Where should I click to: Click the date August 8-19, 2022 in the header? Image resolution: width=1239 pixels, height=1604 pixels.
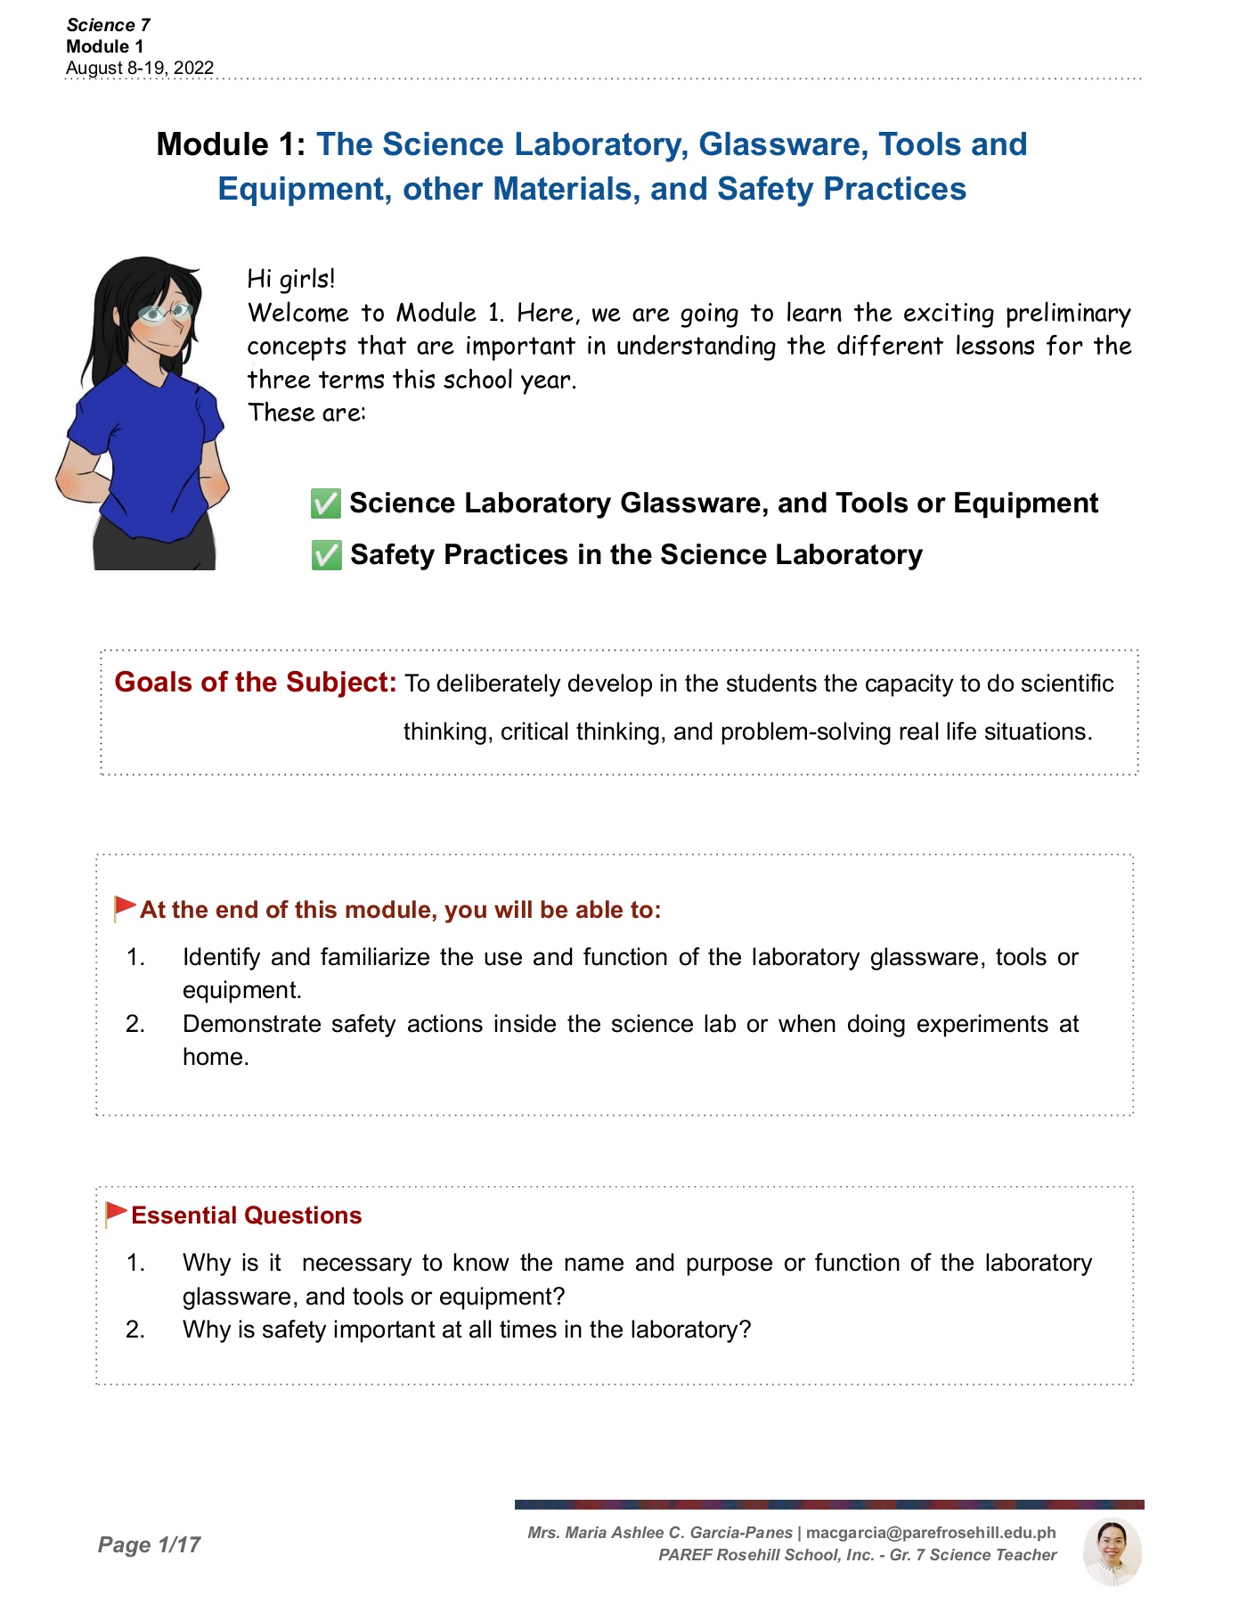[140, 69]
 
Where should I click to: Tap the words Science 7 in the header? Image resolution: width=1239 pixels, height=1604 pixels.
[108, 25]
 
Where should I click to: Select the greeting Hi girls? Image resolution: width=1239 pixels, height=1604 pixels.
[291, 279]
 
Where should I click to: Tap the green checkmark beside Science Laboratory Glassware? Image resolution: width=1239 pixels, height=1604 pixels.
[325, 503]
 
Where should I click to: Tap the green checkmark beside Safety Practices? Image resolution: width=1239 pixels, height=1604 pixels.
[326, 555]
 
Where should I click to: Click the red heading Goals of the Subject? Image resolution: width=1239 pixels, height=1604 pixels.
[256, 683]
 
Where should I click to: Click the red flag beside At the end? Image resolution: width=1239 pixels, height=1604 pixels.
[124, 908]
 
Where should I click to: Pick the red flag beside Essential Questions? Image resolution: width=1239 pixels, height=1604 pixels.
[116, 1214]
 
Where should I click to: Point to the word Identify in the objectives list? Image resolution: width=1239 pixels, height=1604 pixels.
[222, 957]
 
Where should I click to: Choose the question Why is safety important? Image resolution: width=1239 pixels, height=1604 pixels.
[467, 1330]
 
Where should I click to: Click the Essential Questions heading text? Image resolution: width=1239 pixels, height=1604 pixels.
[247, 1215]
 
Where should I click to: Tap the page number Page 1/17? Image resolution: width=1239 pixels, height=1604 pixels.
[149, 1544]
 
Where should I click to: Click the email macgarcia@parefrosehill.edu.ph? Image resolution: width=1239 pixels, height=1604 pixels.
[931, 1533]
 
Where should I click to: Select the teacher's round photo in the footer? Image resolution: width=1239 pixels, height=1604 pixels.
[1112, 1551]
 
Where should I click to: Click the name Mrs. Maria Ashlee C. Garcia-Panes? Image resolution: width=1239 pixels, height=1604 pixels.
[660, 1533]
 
